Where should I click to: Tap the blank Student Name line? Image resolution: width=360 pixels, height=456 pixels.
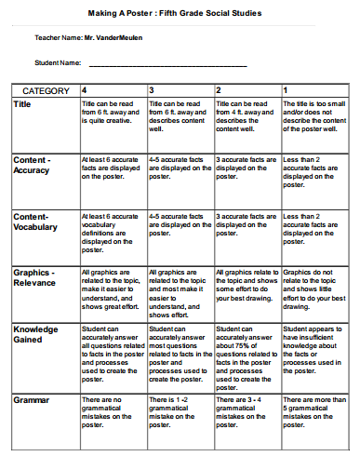tap(167, 66)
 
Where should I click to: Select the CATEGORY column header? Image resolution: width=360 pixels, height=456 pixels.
tap(46, 90)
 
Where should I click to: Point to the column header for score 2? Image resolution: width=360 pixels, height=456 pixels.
tap(219, 90)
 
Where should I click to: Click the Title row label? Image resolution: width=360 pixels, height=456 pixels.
tap(22, 104)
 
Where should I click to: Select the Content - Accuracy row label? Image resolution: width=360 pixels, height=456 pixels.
tap(33, 166)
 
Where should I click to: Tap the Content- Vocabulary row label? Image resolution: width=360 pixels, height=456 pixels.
tap(35, 221)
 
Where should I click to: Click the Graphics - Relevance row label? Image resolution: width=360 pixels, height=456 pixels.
tap(34, 277)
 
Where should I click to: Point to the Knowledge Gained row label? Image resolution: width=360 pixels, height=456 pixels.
tap(35, 335)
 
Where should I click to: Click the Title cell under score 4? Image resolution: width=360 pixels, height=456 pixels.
tap(113, 115)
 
